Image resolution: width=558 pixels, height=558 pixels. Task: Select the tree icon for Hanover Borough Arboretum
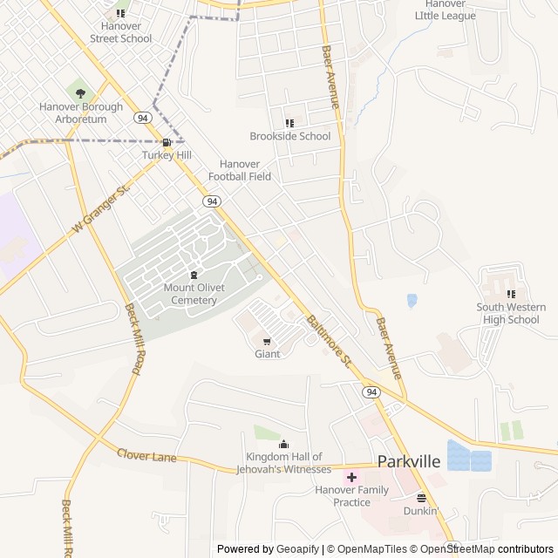click(81, 92)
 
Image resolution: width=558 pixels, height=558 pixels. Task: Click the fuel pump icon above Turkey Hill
click(166, 142)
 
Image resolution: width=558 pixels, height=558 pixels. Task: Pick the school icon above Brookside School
click(289, 123)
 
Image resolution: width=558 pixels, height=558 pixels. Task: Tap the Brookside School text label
click(290, 136)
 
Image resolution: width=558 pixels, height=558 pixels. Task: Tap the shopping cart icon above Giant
click(267, 341)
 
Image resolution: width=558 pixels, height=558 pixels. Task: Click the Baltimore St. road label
click(328, 340)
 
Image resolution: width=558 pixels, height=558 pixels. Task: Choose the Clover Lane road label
click(146, 455)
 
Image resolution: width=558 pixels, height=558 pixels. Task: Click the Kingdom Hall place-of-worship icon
click(283, 445)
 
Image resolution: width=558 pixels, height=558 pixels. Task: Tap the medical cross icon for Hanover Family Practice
click(351, 477)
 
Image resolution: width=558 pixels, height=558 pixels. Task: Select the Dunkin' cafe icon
click(421, 498)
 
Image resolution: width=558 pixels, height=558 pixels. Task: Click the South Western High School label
click(511, 313)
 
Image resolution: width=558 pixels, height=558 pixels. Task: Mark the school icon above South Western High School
click(511, 294)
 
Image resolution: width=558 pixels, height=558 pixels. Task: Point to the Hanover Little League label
click(446, 10)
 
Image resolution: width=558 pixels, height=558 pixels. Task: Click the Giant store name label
click(267, 354)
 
